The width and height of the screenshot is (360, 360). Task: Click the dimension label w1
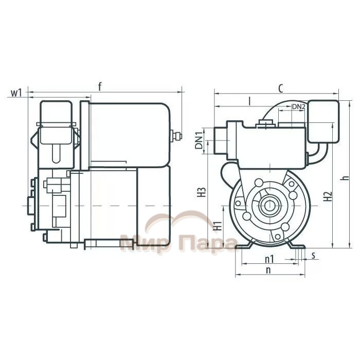tap(16, 93)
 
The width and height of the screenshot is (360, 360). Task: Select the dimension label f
tap(100, 86)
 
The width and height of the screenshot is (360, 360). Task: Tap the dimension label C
tap(280, 88)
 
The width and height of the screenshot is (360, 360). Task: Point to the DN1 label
tap(199, 140)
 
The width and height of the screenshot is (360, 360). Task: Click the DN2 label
tap(298, 106)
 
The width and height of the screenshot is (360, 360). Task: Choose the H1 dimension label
tap(217, 226)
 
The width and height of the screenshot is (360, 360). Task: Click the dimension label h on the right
tap(346, 178)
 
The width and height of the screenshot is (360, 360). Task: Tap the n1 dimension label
tap(269, 259)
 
